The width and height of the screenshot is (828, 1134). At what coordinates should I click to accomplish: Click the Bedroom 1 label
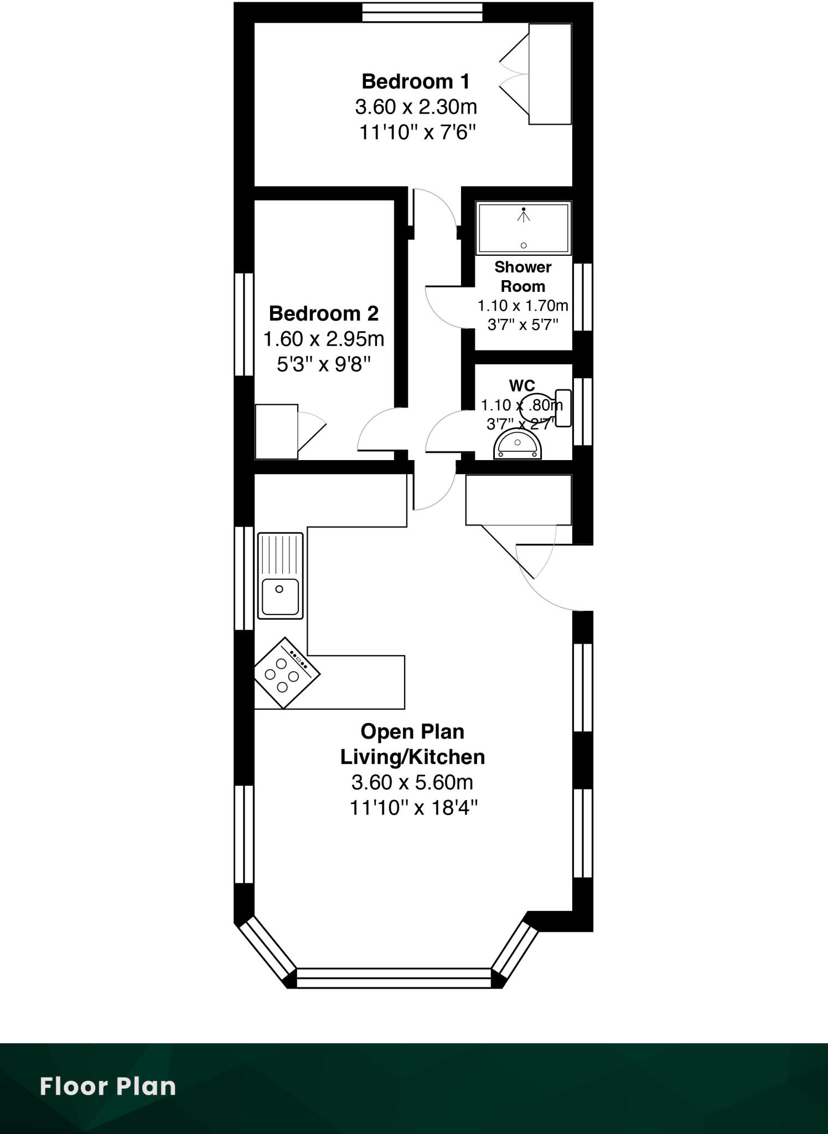coord(415,81)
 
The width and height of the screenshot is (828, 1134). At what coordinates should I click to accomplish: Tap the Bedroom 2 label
coord(323,313)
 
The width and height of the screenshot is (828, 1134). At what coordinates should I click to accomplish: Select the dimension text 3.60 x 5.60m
coord(412,782)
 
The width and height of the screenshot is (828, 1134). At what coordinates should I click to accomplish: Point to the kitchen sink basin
coord(280,596)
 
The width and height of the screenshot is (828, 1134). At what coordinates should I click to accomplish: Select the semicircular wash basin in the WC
coord(517,446)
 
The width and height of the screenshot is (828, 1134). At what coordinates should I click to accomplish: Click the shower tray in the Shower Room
coord(523,228)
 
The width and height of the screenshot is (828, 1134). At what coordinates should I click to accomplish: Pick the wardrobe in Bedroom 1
coord(550,74)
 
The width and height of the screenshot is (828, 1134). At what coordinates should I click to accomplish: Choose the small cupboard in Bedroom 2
coord(276,431)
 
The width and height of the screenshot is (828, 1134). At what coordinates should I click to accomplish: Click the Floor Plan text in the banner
coord(108,1086)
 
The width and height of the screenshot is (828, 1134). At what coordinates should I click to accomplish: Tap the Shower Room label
coord(522,276)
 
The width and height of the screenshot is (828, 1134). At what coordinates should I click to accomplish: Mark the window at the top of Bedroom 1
coord(422,12)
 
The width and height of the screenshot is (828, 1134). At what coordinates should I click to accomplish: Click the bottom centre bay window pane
coord(394,978)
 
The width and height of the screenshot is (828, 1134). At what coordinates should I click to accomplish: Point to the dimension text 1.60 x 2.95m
coord(323,338)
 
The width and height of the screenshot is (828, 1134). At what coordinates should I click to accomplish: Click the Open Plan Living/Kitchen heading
coord(412,744)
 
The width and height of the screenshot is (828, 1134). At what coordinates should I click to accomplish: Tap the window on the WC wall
coord(582,411)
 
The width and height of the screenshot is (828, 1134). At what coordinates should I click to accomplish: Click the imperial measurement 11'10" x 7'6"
coord(417,132)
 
